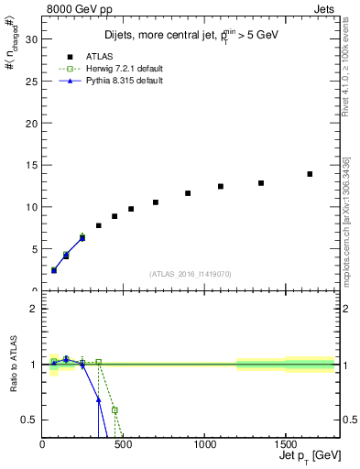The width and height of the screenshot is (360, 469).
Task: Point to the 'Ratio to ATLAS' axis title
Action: tap(12, 365)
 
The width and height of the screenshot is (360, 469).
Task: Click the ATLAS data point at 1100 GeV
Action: tap(221, 186)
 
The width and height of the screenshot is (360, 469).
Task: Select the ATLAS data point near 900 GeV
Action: tap(188, 193)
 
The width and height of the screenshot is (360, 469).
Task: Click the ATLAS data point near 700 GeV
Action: tap(156, 202)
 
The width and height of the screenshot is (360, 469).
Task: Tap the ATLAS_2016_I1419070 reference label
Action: tap(190, 274)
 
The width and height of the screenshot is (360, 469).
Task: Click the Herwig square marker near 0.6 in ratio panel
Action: tap(115, 410)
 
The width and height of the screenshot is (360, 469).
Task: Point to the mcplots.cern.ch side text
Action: tap(346, 229)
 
